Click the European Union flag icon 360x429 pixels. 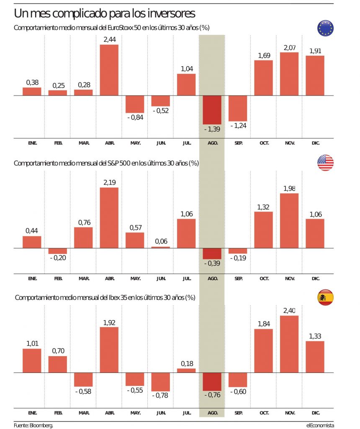click(325, 28)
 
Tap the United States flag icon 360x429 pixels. click(325, 163)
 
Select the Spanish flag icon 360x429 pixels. click(325, 297)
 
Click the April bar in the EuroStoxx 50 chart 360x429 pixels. click(109, 70)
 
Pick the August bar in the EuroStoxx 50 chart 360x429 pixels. click(212, 110)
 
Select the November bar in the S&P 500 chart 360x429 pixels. click(289, 221)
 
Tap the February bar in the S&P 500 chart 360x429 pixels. click(57, 251)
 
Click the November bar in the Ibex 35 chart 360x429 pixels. click(289, 344)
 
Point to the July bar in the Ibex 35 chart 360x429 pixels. click(186, 370)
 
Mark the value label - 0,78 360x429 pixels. click(160, 395)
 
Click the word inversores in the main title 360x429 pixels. click(171, 13)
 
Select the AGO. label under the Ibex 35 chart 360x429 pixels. click(212, 413)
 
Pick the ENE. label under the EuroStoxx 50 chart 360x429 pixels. click(32, 143)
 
